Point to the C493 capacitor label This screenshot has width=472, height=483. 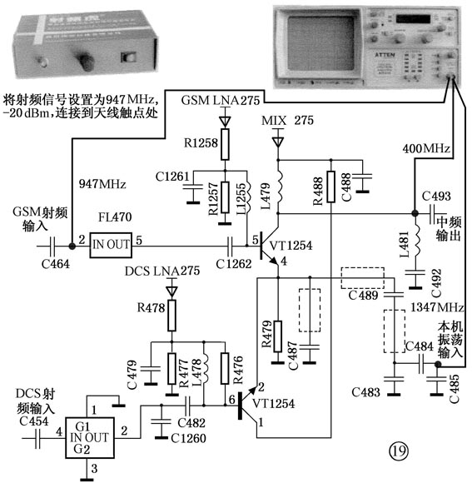click(x=435, y=197)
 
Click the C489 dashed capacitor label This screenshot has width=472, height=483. click(x=362, y=294)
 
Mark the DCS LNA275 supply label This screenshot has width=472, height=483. click(x=162, y=271)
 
